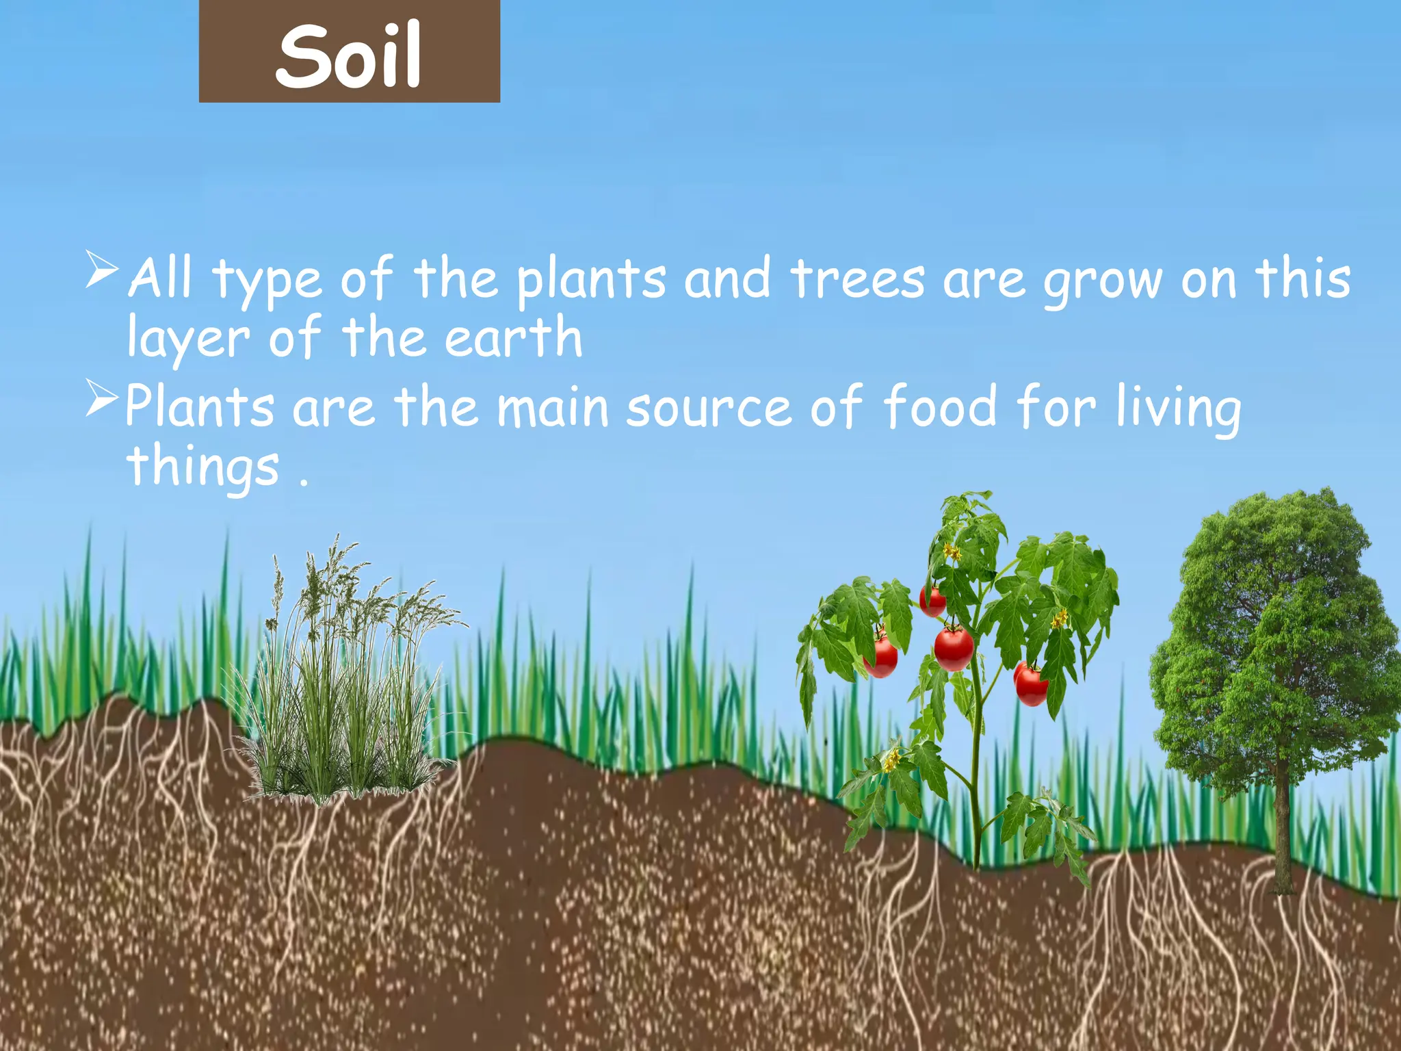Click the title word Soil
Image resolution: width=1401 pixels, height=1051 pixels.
coord(349,55)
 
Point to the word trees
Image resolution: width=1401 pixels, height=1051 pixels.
coord(858,279)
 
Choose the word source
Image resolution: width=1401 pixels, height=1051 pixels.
coord(709,408)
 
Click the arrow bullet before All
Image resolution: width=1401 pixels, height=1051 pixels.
coord(102,269)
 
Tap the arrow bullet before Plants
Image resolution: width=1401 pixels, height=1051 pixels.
coord(102,398)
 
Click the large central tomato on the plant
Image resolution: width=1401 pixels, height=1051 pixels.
coord(954,649)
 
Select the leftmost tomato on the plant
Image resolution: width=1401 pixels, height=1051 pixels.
coord(881,657)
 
